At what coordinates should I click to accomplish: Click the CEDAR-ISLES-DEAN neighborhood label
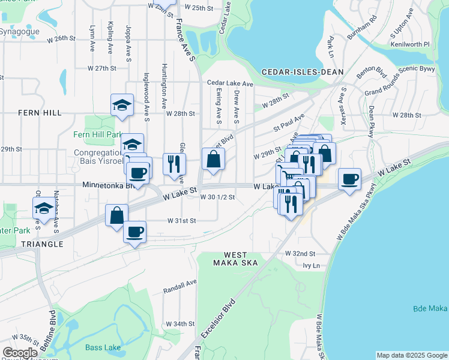click(x=303, y=72)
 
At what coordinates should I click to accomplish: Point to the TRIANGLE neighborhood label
click(x=41, y=244)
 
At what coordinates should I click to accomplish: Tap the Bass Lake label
click(x=102, y=347)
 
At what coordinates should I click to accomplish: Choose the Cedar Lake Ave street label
click(x=230, y=83)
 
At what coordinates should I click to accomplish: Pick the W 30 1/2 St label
click(x=217, y=197)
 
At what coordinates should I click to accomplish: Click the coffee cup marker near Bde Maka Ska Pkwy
click(x=349, y=179)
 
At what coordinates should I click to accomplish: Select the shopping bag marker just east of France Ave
click(x=213, y=159)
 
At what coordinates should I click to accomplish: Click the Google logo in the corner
click(x=20, y=353)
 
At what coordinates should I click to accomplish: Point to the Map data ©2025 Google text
click(x=411, y=355)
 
